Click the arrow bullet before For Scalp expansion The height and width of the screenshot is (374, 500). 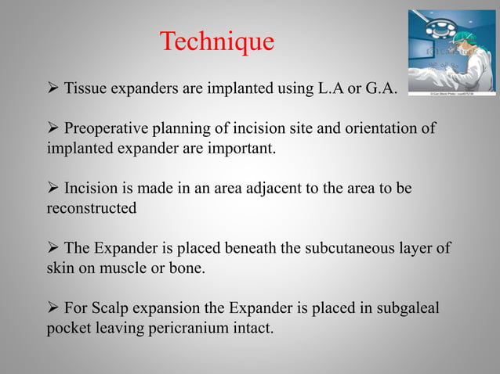tap(52, 311)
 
